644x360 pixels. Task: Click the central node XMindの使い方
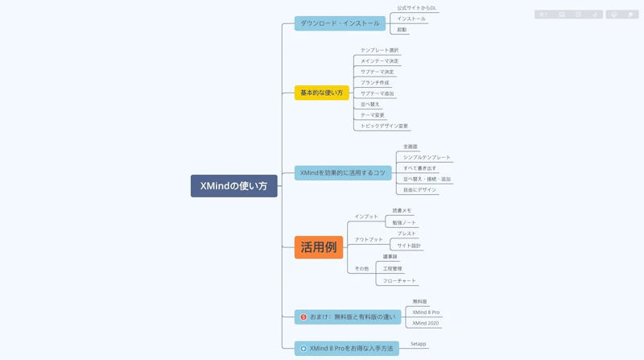[x=233, y=186]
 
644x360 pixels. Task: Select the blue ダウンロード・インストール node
[x=340, y=23]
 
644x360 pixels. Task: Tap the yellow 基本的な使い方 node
[x=321, y=93]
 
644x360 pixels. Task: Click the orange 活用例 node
[x=319, y=247]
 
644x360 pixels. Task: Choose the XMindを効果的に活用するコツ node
[x=343, y=172]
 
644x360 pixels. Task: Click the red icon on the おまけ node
[x=303, y=317]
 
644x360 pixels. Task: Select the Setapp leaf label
[x=418, y=344]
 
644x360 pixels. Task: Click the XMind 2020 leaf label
[x=426, y=323]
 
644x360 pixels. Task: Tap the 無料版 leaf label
[x=419, y=301]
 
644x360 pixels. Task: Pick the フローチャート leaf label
[x=399, y=281]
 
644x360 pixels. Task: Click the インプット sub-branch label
[x=365, y=217]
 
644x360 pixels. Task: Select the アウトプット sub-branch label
[x=369, y=239]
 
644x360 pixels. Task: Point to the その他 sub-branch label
[x=361, y=268]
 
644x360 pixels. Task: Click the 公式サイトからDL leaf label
[x=416, y=8]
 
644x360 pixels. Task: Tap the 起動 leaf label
[x=402, y=30]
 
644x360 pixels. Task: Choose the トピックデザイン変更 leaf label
[x=384, y=126]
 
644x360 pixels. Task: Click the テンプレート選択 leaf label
[x=379, y=50]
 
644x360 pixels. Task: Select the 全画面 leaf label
[x=410, y=147]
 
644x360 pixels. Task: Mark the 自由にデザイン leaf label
[x=419, y=190]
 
